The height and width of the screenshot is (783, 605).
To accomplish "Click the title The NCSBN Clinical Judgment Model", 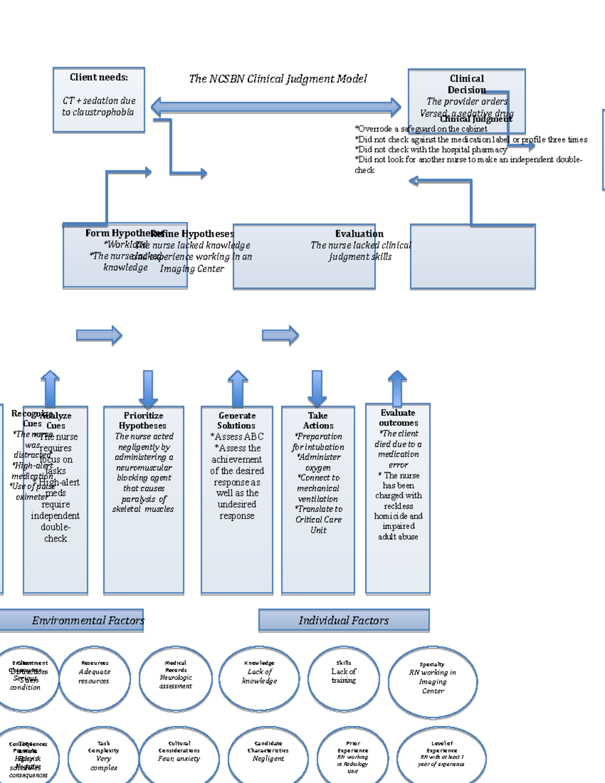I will [277, 79].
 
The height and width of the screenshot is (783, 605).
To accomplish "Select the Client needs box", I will [99, 100].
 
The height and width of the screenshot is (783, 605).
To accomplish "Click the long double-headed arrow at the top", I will [276, 107].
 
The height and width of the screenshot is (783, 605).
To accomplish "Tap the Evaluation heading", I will [359, 233].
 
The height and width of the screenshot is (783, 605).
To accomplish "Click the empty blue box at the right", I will [472, 257].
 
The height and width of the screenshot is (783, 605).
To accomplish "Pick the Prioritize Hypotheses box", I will [144, 499].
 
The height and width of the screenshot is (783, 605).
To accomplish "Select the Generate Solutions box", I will [236, 499].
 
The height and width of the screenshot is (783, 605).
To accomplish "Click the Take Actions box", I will [318, 499].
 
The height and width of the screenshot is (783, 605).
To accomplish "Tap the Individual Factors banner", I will [344, 620].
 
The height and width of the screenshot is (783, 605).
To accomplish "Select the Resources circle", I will [94, 678].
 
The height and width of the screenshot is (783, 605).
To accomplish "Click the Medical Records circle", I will [175, 678].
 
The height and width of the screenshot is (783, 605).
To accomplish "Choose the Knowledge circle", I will [259, 678].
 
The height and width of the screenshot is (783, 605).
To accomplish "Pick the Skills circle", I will [343, 678].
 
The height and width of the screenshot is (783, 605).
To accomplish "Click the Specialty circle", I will [433, 681].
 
